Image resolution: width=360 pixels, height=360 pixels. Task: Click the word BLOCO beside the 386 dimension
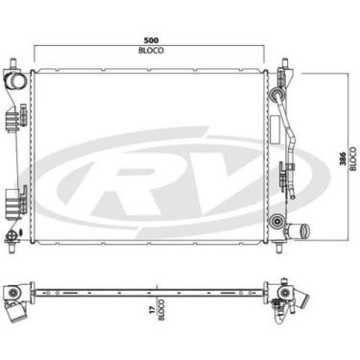352,158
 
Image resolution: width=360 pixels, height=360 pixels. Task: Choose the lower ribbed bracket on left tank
11,202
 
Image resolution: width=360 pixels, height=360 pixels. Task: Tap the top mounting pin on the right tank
285,63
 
